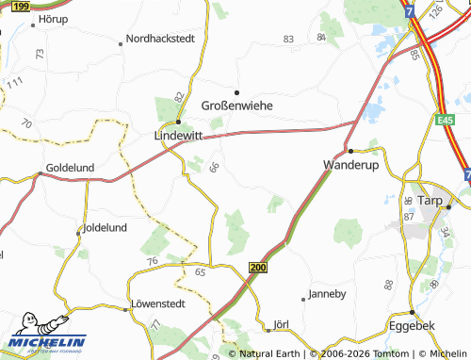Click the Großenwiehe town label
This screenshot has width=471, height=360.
coord(237,106)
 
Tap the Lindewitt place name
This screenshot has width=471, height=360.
coord(178,136)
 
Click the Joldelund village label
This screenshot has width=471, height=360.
coord(106,229)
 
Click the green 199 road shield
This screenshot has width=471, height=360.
coord(22,7)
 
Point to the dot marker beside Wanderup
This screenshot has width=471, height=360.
coord(349,151)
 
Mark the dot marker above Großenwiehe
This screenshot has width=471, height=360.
coord(236,92)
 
